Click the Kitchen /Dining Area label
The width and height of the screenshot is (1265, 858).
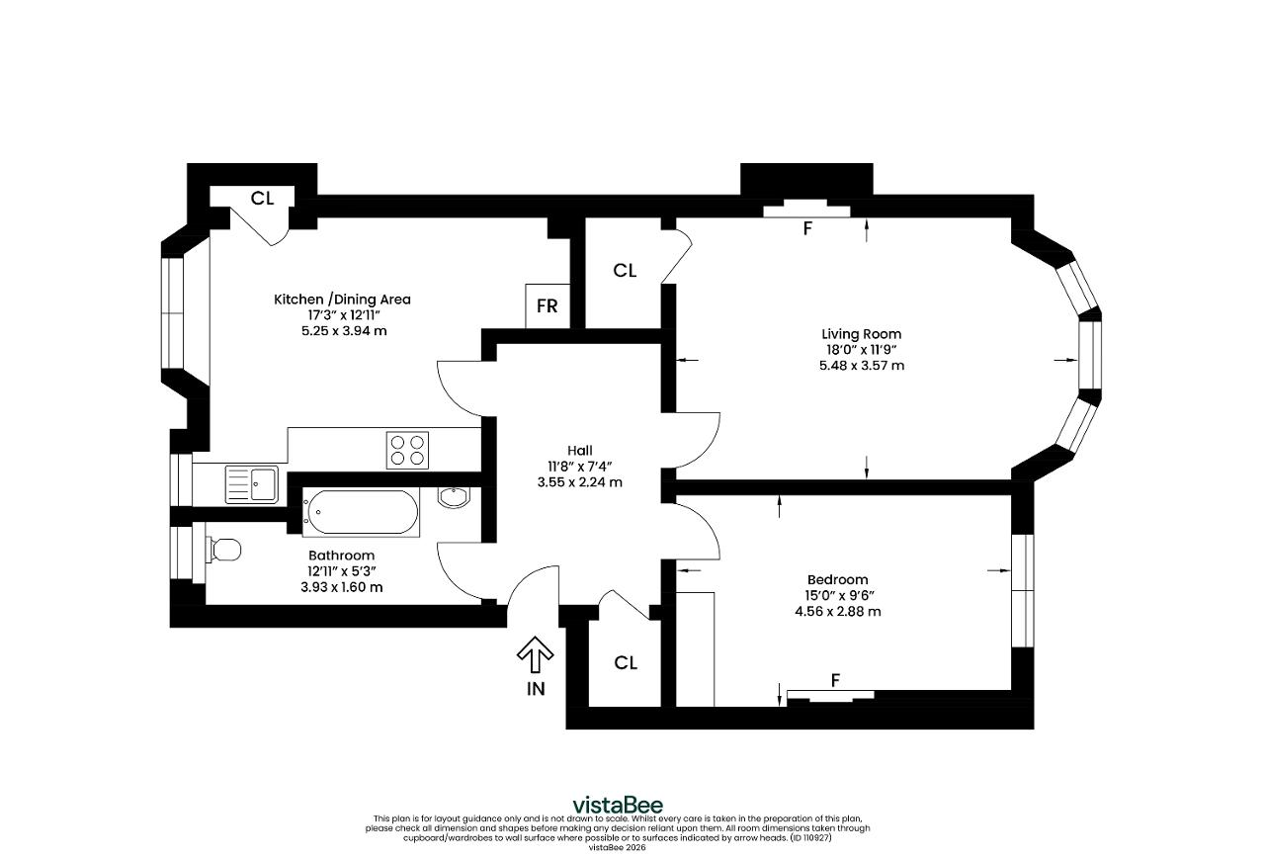point(342,300)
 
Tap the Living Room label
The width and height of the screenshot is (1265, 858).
point(861,334)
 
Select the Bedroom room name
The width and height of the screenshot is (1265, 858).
point(837,579)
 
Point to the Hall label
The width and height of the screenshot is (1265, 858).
point(580,450)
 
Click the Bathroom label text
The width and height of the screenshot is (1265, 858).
point(341,556)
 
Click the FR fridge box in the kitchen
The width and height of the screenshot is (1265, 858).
point(548,305)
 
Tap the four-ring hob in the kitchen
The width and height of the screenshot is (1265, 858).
point(407,450)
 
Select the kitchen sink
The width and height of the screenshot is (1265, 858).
point(251,484)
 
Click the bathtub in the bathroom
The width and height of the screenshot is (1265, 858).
point(361,512)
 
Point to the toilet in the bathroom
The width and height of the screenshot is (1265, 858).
point(224,549)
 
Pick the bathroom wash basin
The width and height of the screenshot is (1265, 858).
point(453,497)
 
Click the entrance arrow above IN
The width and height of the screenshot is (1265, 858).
point(535,654)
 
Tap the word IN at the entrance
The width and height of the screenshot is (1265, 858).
point(536,689)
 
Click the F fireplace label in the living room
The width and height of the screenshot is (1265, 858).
point(807,228)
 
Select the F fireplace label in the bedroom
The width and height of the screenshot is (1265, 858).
point(836,681)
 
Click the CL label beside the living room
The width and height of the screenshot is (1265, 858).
point(625,271)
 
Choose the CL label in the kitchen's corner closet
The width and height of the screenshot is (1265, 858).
point(262,199)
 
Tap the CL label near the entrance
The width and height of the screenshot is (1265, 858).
point(626,663)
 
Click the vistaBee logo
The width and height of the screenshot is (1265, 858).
point(618,805)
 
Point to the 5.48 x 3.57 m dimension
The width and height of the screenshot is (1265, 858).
point(862,366)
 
